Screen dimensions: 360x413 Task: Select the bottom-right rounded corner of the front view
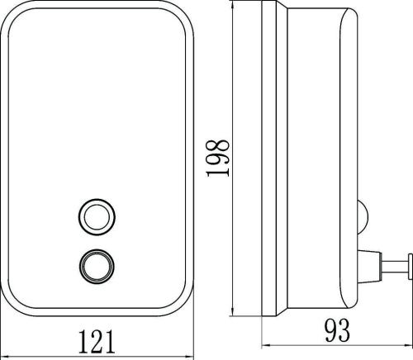pyautogui.click(x=184, y=302)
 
